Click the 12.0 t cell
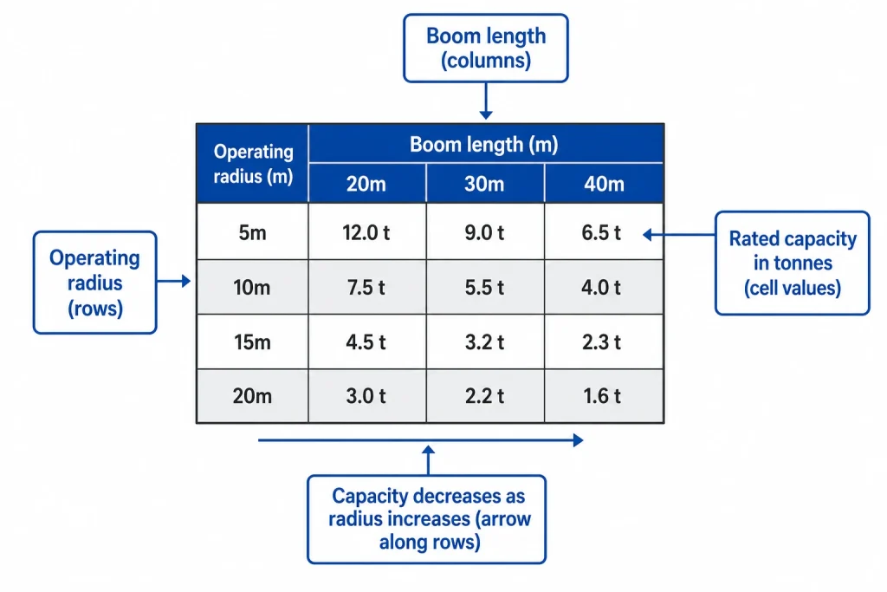click(x=366, y=232)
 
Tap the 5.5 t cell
click(x=484, y=288)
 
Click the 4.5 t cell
click(x=366, y=342)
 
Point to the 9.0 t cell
click(x=484, y=232)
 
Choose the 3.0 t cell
click(x=366, y=397)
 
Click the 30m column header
click(x=484, y=185)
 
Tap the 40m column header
click(x=603, y=185)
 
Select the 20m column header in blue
click(x=366, y=185)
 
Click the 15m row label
click(x=252, y=342)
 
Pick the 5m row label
click(x=252, y=232)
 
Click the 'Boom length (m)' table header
click(x=484, y=145)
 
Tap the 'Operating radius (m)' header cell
click(x=253, y=164)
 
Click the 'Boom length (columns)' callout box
click(x=486, y=49)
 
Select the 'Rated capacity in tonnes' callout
click(x=792, y=263)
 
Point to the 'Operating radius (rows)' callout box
click(x=94, y=283)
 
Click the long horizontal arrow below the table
click(x=420, y=440)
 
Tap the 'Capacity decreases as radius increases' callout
click(x=428, y=519)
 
